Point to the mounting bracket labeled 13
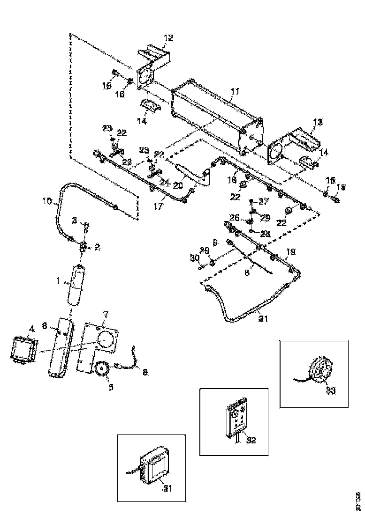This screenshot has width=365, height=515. click(293, 145)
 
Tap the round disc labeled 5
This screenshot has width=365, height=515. click(101, 370)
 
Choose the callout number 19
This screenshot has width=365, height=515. click(291, 252)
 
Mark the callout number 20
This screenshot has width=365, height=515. click(179, 185)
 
